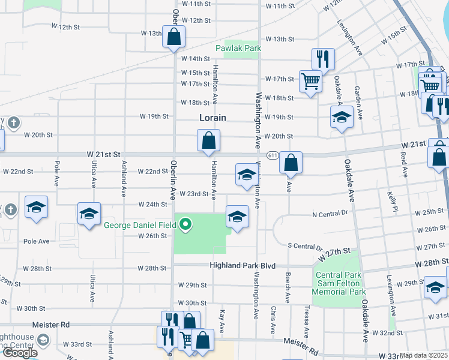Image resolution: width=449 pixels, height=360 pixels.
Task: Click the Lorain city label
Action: tap(212, 118)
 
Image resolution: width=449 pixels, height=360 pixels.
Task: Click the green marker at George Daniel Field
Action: tap(186, 226)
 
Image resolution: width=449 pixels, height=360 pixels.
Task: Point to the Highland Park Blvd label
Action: tap(242, 265)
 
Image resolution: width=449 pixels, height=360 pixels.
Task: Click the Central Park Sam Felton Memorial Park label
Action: tap(340, 283)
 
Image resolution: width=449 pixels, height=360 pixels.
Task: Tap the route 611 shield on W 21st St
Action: tap(273, 155)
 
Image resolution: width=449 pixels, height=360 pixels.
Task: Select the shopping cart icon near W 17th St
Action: tap(310, 80)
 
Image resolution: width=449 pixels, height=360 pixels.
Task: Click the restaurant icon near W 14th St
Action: tap(322, 58)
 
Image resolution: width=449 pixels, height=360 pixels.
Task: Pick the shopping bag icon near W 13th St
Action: tap(173, 36)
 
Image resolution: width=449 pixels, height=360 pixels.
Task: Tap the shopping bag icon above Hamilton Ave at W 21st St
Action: tap(208, 141)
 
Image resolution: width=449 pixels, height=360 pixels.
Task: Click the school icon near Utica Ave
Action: tap(89, 214)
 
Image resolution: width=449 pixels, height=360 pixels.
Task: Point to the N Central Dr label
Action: tap(330, 213)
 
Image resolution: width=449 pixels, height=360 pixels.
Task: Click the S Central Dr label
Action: tap(306, 246)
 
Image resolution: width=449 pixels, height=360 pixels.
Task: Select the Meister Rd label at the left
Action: tap(51, 324)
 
